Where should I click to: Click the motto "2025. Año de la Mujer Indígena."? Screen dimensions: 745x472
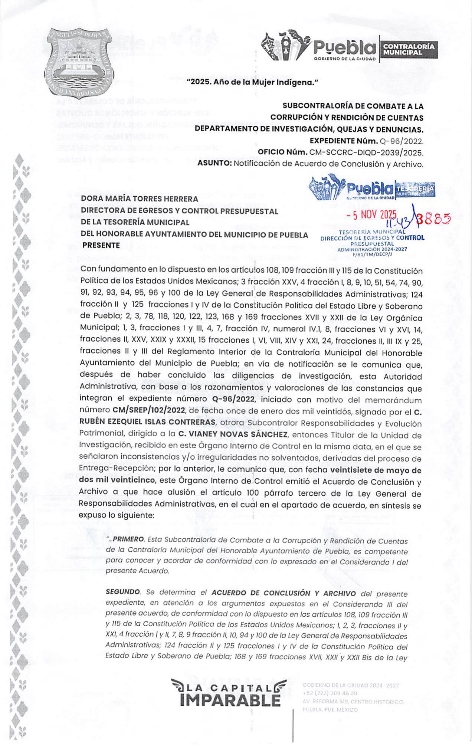pos(252,82)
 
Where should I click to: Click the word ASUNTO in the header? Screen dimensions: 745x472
pos(214,164)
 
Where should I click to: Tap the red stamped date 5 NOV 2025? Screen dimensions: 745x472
pos(371,215)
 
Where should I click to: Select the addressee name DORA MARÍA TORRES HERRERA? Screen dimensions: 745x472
pos(140,199)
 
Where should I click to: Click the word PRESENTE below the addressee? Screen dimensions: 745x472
pos(101,245)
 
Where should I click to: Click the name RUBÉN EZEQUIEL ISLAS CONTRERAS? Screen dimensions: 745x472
pos(147,422)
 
